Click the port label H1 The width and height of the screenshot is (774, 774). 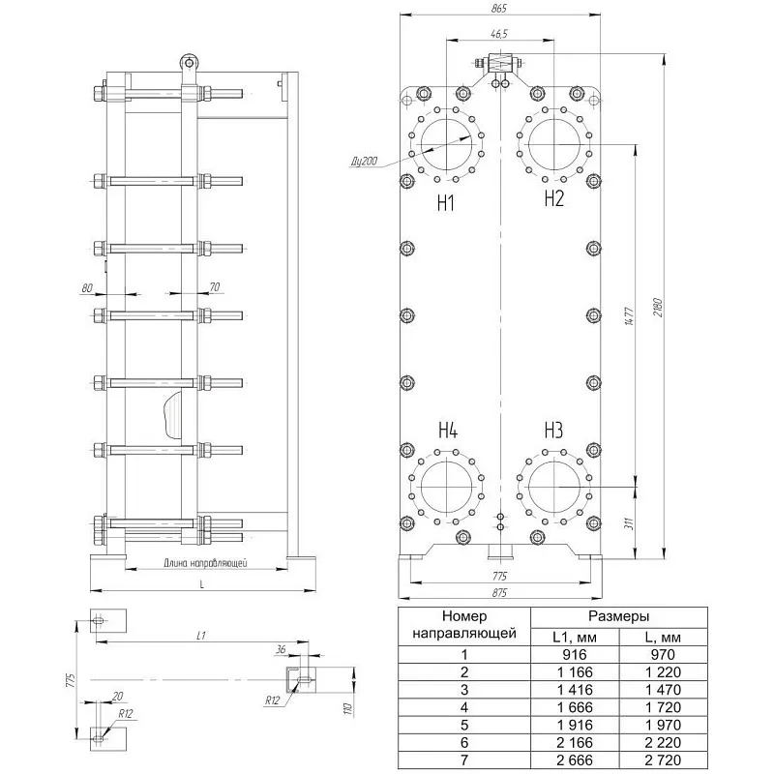point(446,203)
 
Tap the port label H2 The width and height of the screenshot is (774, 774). point(553,198)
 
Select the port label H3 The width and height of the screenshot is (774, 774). point(553,431)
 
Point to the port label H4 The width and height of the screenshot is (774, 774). point(448,431)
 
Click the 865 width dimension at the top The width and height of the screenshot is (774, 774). point(499,9)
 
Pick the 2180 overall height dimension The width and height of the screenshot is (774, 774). point(659,307)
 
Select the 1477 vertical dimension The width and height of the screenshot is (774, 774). point(630,316)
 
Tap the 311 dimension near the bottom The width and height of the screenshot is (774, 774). point(628,523)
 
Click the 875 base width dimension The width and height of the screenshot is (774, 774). point(499,593)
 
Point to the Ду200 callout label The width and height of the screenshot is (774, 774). point(365,161)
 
